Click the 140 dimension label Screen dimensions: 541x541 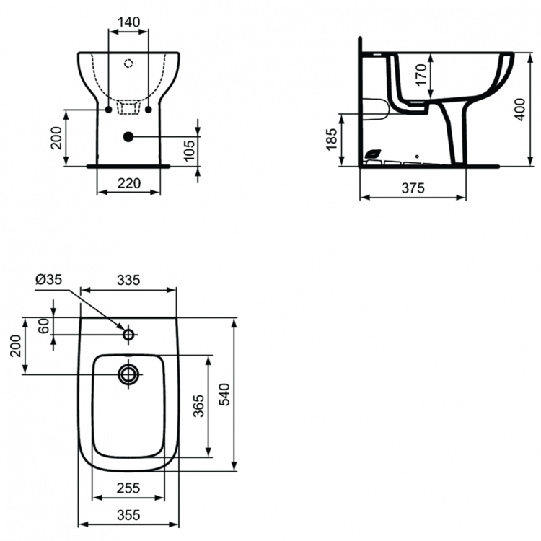[x=128, y=22]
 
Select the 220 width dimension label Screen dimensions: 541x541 [x=128, y=183]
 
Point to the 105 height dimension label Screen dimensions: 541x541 [x=189, y=150]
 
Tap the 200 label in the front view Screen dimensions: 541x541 [x=56, y=138]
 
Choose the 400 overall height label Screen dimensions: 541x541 [x=520, y=109]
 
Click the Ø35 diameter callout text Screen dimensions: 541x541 [x=48, y=279]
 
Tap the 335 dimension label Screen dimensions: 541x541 [x=128, y=280]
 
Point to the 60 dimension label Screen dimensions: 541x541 [x=44, y=326]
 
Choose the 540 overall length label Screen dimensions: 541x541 [x=224, y=395]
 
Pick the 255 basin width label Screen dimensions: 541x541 [x=128, y=488]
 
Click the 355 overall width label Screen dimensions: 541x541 [x=128, y=514]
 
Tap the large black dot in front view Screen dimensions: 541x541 [x=128, y=136]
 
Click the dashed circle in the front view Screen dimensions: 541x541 [x=128, y=63]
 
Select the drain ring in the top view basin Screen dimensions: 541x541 [x=128, y=374]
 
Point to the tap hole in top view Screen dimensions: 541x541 [x=128, y=335]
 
